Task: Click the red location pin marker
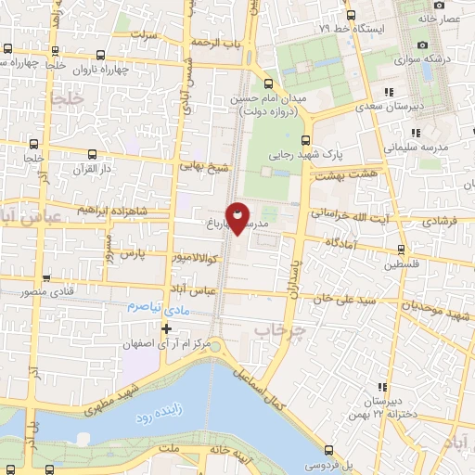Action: (238, 217)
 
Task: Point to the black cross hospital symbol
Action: (167, 327)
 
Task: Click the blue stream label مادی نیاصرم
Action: (158, 306)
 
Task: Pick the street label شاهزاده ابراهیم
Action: (103, 209)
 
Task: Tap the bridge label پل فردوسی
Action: (320, 461)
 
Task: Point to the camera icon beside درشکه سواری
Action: (423, 45)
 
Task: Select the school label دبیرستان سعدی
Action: (417, 106)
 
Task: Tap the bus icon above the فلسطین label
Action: (401, 249)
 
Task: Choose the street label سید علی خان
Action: (344, 300)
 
